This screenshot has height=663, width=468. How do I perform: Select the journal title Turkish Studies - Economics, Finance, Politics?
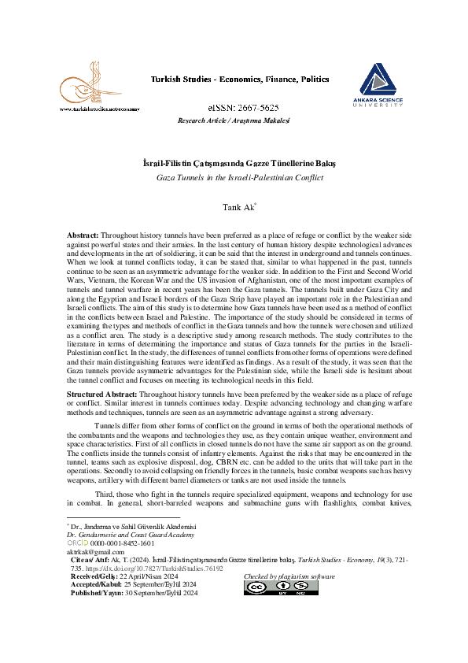233,80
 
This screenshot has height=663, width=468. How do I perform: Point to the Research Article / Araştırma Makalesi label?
234,120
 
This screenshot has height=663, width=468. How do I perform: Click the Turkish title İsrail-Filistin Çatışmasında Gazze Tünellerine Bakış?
234,162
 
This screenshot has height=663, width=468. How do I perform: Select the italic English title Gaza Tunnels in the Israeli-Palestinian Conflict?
234,177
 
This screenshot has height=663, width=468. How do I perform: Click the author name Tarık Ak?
233,206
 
